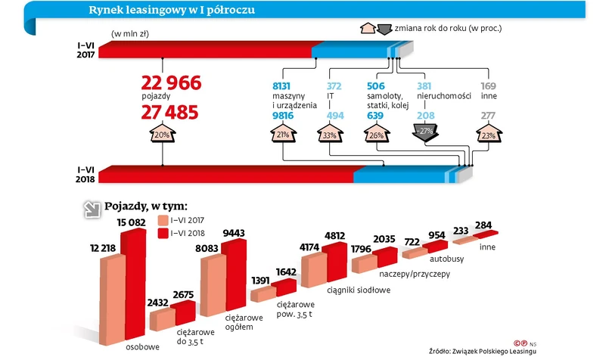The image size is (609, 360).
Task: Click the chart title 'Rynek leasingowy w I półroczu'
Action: coord(171,11)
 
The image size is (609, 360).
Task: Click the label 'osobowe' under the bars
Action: coord(142,347)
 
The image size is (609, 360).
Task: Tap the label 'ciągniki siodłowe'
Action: coord(358,289)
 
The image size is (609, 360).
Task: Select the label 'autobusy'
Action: coord(449,257)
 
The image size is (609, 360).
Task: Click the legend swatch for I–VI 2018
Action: coord(163,234)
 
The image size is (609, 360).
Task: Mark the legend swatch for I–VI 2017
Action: coord(163,220)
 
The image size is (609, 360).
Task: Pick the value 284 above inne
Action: coord(485,224)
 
